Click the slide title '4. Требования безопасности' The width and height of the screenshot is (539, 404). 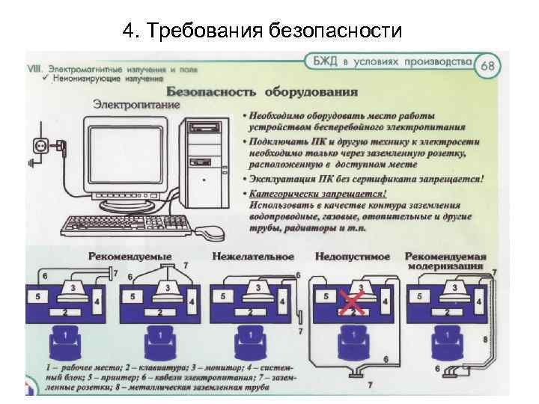(x=262, y=31)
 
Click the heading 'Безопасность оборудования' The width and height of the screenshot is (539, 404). (x=261, y=92)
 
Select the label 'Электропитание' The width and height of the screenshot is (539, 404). (x=136, y=105)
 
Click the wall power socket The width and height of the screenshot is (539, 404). (x=40, y=145)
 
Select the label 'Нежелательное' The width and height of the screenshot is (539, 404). (x=252, y=257)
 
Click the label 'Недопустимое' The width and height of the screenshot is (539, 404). (x=353, y=257)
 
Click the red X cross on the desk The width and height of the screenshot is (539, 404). (x=349, y=302)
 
